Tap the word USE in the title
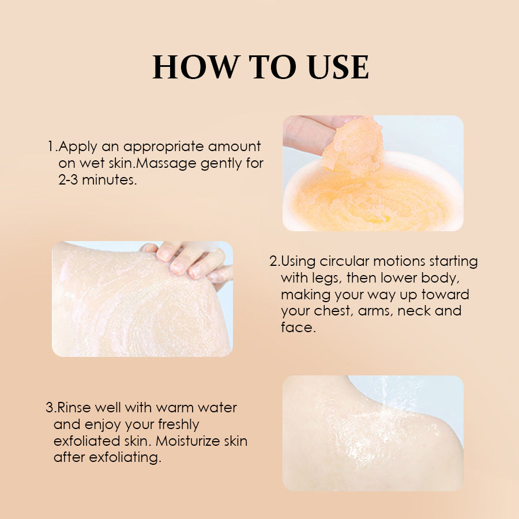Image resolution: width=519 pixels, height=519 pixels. click(x=338, y=67)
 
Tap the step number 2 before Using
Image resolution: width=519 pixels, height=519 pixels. click(x=273, y=261)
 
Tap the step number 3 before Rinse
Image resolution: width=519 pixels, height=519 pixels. click(x=49, y=408)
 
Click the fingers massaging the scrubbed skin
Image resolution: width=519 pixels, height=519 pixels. click(x=190, y=262)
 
